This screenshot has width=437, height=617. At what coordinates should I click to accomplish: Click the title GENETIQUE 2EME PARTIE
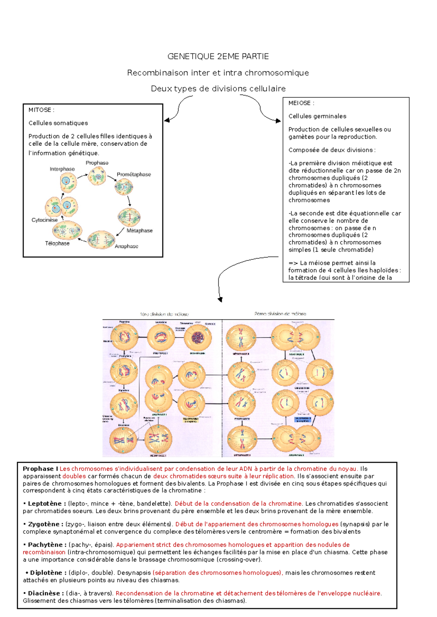tap(218, 56)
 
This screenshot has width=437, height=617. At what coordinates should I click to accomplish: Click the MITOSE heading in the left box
tap(41, 110)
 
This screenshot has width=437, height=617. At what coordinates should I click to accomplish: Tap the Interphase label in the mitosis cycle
tap(62, 169)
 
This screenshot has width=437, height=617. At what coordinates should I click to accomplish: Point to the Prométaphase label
tap(134, 175)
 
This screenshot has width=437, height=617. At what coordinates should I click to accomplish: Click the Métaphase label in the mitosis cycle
tap(139, 231)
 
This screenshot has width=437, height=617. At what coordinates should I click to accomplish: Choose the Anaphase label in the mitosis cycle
tap(126, 246)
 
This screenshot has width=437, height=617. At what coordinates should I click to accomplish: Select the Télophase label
tap(57, 243)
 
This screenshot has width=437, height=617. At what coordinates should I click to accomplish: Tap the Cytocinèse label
tap(44, 220)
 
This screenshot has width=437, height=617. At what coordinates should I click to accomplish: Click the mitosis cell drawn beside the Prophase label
tap(97, 177)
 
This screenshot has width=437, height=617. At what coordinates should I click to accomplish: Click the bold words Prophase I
tap(40, 469)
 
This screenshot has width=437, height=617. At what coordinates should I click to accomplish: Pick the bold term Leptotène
tap(45, 504)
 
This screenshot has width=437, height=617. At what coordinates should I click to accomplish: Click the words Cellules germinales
tap(317, 116)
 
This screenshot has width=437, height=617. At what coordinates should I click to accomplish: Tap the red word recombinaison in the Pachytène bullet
tap(44, 552)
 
